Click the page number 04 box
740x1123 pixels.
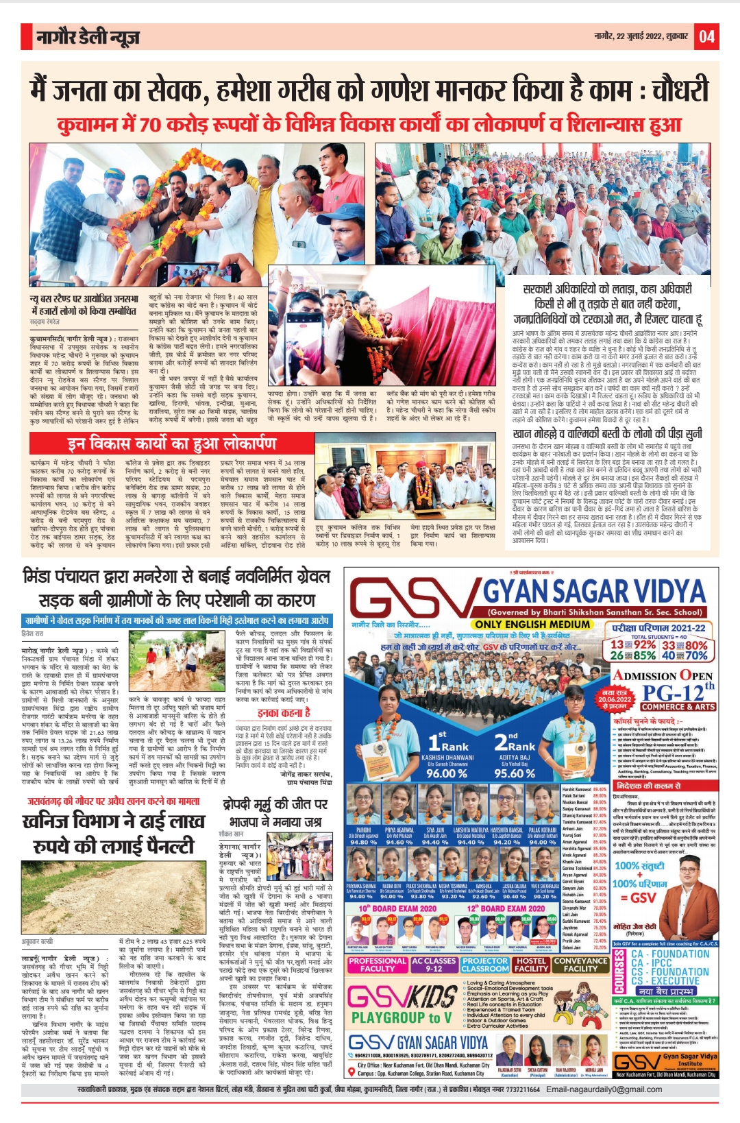[x=706, y=36]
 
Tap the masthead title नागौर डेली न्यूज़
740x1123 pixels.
[x=88, y=37]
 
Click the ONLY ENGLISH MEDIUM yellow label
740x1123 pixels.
[x=532, y=624]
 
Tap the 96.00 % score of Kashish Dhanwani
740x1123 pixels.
[x=446, y=773]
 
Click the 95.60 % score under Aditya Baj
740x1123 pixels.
[x=514, y=773]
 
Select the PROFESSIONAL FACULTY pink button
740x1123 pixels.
[x=378, y=965]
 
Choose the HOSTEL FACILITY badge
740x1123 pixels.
[x=531, y=965]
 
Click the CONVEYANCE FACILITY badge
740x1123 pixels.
[x=580, y=965]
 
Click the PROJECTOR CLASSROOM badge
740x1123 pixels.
[x=485, y=965]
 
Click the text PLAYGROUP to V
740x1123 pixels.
[x=401, y=1017]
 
